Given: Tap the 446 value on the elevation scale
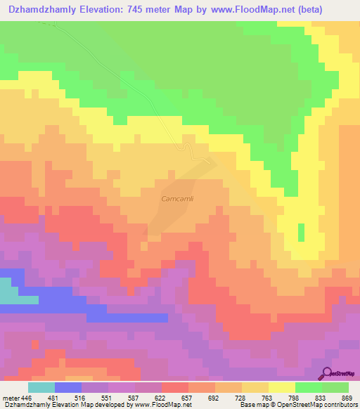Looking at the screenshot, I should click(27, 397).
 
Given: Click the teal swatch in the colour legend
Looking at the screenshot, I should click(41, 387).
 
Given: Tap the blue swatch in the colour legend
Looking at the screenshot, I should click(68, 387).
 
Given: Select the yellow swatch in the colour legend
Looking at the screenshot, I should click(281, 387).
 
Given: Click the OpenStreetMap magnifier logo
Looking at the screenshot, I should click(327, 373).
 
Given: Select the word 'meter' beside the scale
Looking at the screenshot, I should click(11, 397).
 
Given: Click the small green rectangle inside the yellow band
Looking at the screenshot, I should click(302, 233).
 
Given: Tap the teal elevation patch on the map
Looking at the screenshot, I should click(9, 290).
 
